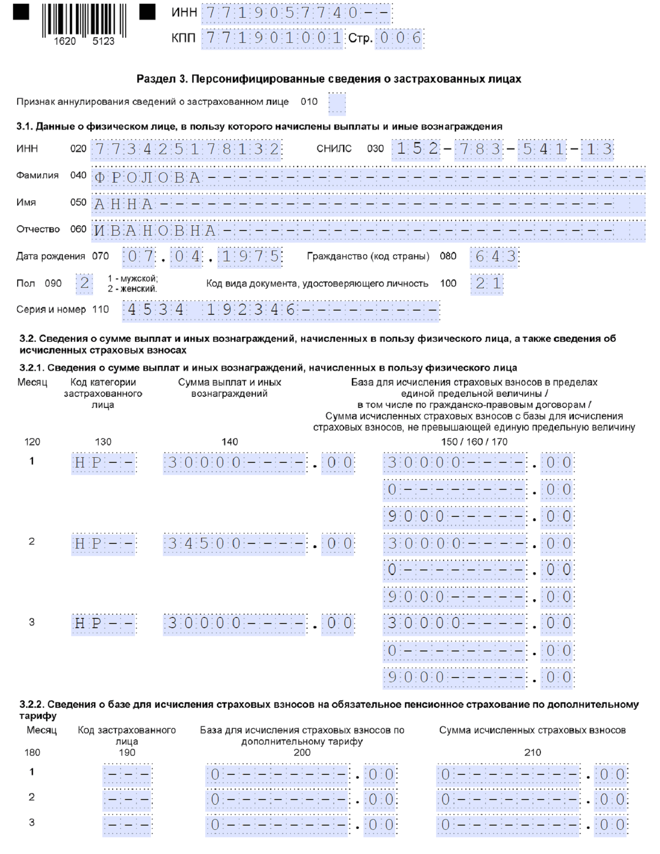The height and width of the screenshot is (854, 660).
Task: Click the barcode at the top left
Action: [84, 21]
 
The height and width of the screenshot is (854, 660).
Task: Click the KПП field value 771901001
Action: [272, 38]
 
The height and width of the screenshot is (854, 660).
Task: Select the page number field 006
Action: [399, 38]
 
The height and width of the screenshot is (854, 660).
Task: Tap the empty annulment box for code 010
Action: [337, 103]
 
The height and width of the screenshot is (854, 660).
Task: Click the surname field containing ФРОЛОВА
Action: [368, 177]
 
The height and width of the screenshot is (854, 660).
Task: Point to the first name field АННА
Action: [368, 204]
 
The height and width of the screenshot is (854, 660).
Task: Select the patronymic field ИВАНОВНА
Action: [368, 230]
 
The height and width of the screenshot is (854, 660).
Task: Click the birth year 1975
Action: [250, 257]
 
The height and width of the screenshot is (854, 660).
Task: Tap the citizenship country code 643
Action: [494, 257]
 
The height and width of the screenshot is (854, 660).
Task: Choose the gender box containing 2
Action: [84, 284]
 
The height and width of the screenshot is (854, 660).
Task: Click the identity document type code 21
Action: [487, 284]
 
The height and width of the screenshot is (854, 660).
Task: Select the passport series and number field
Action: [281, 310]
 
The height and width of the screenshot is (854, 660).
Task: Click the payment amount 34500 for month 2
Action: [235, 543]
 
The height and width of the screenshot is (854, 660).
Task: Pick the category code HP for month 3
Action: [103, 624]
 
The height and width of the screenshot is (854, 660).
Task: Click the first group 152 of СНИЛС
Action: [416, 149]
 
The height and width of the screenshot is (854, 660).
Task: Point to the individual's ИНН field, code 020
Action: [186, 149]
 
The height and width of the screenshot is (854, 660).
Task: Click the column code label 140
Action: [229, 442]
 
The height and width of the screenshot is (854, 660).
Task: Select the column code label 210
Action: [532, 752]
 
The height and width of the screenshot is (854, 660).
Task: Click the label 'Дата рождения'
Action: [50, 256]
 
